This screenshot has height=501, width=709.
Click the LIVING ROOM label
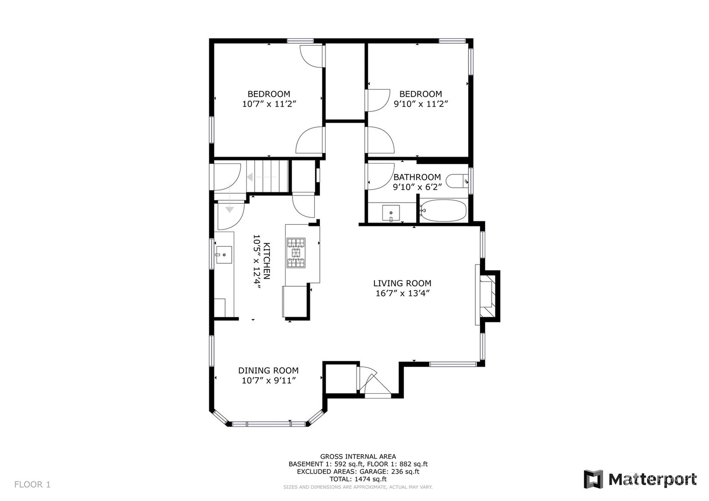(402, 283)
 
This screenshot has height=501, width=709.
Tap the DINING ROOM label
(269, 370)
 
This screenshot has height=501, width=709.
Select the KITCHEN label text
(267, 261)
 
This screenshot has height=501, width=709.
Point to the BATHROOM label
(417, 177)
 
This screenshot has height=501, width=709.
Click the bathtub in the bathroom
(443, 210)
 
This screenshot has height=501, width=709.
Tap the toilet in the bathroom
(457, 181)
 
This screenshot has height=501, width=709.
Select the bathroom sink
(391, 213)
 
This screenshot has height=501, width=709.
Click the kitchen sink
(224, 255)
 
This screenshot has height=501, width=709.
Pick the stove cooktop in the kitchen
(296, 252)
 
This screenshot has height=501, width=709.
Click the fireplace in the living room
(487, 296)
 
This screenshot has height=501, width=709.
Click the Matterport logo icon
(593, 479)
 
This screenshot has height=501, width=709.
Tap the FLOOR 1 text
(32, 485)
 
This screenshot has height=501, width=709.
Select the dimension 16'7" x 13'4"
(402, 293)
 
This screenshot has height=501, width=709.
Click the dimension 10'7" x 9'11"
(269, 381)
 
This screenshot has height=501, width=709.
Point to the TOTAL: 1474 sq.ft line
(358, 479)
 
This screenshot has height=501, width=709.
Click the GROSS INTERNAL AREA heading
(358, 456)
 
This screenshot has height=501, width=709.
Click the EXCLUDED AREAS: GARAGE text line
(358, 472)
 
